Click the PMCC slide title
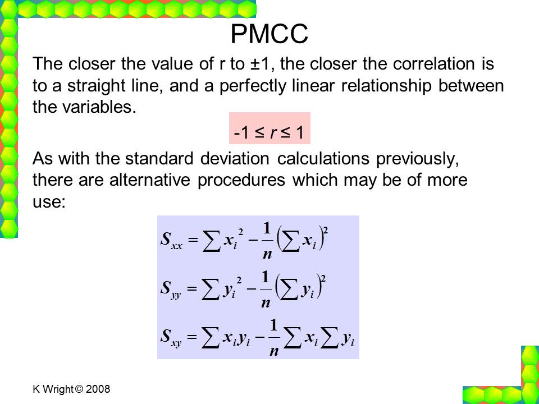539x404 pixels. (269, 34)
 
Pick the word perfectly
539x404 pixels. (252, 86)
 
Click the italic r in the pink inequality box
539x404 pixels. (273, 132)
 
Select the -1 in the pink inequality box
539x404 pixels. (241, 132)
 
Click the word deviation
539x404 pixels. (235, 159)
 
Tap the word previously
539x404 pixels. (417, 159)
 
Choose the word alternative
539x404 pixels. (149, 180)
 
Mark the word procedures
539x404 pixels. (241, 181)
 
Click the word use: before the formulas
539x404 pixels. (49, 202)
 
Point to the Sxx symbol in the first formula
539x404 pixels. (171, 240)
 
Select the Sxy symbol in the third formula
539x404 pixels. (171, 337)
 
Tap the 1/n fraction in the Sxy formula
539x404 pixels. (273, 337)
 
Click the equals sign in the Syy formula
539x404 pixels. (193, 288)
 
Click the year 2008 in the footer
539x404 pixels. (98, 389)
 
